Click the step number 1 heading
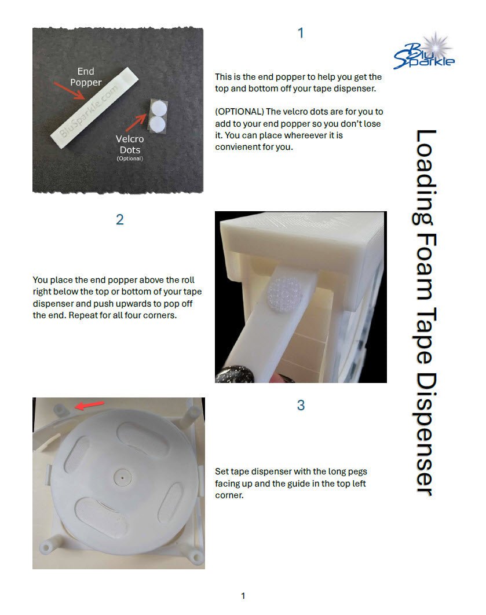(x=301, y=33)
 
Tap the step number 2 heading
(x=120, y=219)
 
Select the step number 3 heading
(x=301, y=405)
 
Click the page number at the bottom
(x=243, y=596)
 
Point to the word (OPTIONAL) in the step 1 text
(x=239, y=112)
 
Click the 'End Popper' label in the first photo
(x=86, y=77)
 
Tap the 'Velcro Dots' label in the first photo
(x=130, y=144)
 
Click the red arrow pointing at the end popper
(x=69, y=91)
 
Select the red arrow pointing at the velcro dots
(x=136, y=123)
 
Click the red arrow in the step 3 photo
(x=90, y=405)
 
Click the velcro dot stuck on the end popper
(x=285, y=293)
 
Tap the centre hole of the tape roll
(x=122, y=478)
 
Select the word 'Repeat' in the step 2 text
(x=83, y=316)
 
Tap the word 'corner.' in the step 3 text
(x=229, y=495)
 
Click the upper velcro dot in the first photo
(x=159, y=109)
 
